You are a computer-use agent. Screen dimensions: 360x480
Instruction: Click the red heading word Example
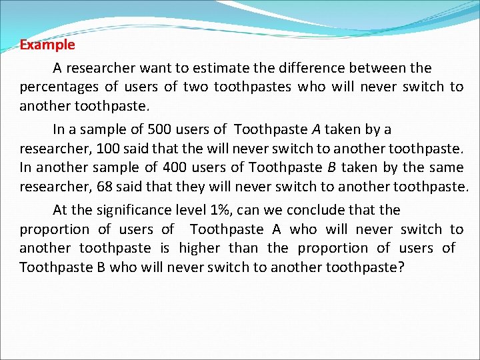[x=47, y=45]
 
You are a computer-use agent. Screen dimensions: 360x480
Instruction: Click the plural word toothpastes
[x=253, y=87]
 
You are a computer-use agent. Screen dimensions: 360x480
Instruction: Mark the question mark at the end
[x=401, y=267]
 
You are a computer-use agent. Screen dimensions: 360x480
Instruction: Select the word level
[x=191, y=210]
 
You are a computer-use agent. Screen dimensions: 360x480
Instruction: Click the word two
[x=196, y=87]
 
